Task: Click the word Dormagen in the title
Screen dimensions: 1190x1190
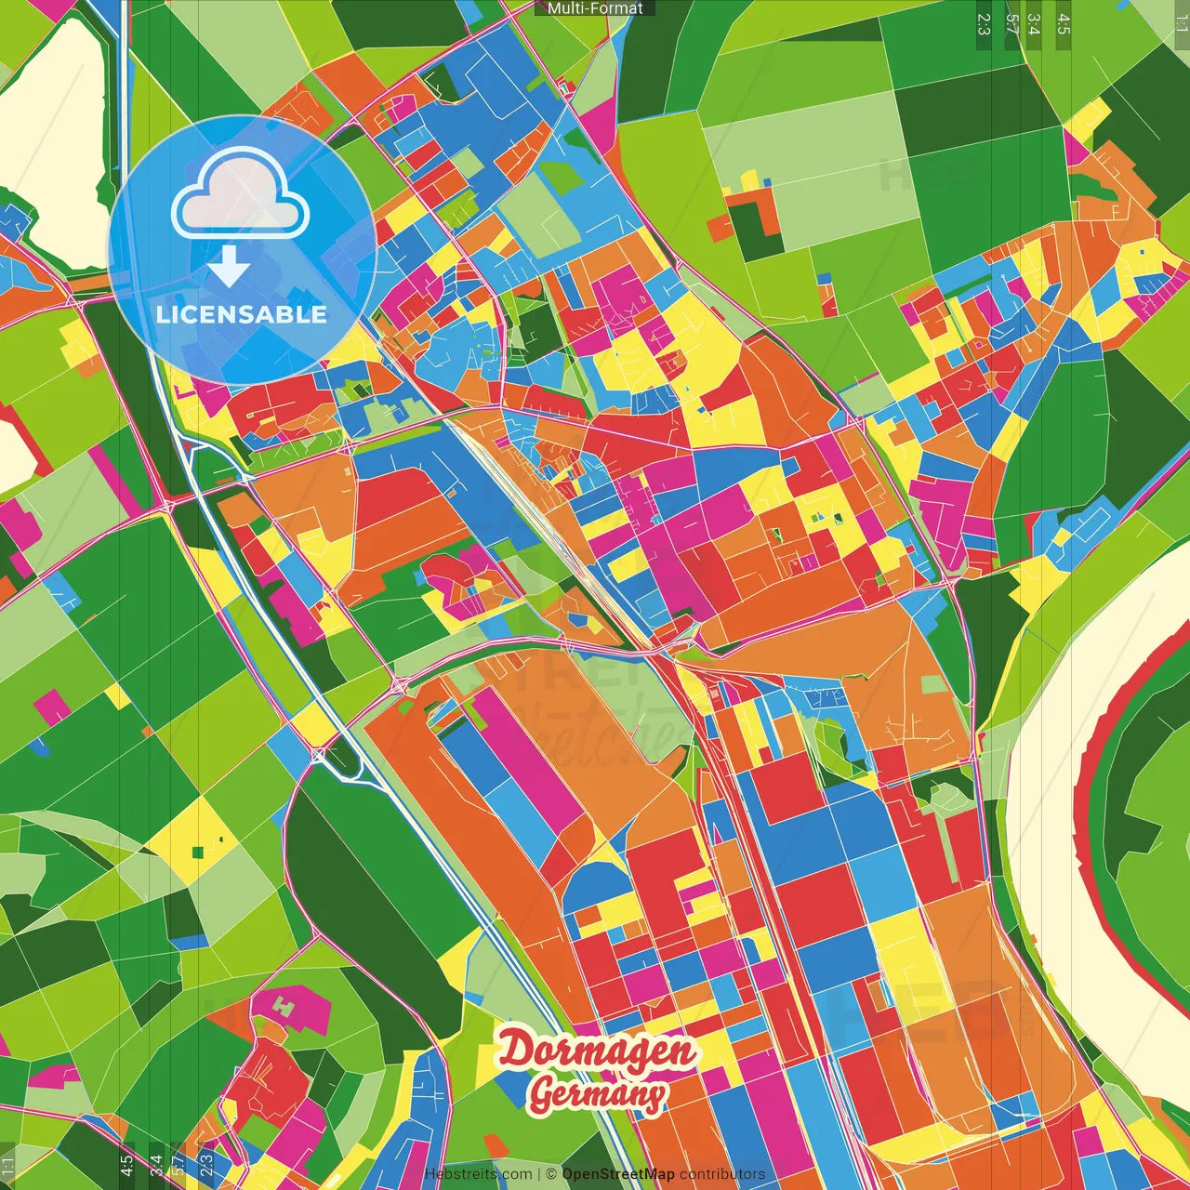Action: click(x=597, y=1051)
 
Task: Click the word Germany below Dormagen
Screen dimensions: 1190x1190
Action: click(x=597, y=1094)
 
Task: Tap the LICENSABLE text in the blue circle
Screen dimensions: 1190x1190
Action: click(x=242, y=314)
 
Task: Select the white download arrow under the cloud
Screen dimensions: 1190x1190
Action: click(x=229, y=267)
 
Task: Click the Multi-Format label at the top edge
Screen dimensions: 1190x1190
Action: click(x=595, y=8)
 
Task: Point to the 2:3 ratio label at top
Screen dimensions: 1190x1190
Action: click(x=984, y=24)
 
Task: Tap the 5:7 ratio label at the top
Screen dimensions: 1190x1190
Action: click(x=1011, y=24)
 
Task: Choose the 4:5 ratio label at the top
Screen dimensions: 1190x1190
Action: click(x=1064, y=24)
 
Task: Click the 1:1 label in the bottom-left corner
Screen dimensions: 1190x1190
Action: click(x=8, y=1166)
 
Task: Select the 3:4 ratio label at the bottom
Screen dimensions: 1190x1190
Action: click(x=156, y=1166)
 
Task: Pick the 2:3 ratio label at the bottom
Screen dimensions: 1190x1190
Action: click(x=206, y=1166)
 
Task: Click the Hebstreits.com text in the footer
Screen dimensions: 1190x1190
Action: click(x=478, y=1174)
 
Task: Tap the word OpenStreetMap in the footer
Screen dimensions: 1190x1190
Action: click(x=618, y=1174)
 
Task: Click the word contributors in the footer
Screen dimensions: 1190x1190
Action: click(x=722, y=1174)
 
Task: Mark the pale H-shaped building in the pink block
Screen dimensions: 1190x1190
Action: click(x=284, y=1006)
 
